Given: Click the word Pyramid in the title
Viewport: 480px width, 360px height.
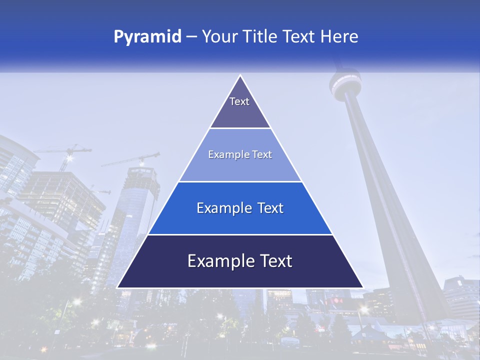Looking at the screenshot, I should [x=147, y=37].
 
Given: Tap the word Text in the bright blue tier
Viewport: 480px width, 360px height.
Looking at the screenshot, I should [x=271, y=208].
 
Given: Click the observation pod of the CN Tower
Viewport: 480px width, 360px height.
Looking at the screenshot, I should [x=345, y=85].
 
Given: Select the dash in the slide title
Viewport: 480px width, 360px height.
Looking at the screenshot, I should [x=191, y=37].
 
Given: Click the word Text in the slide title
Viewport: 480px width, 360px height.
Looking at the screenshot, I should [x=298, y=37].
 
